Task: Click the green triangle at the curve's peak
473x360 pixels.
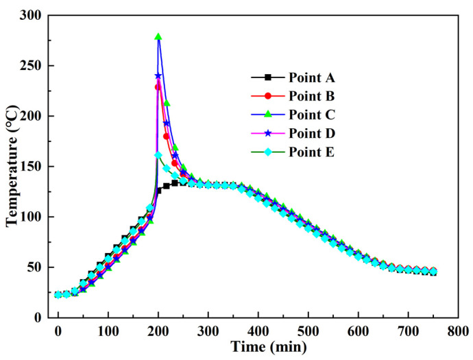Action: coord(158,37)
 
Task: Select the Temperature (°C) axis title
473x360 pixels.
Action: coord(12,166)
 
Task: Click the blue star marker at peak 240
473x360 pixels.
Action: coord(158,75)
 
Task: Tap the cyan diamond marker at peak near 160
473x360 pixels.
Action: coord(158,155)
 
